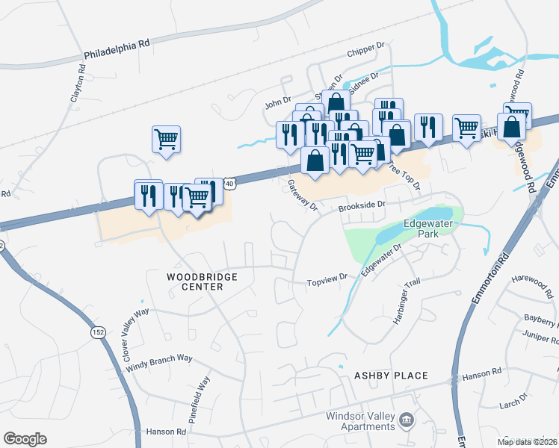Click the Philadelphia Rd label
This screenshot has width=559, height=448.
[117, 50]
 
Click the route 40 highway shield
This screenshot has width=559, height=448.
[229, 183]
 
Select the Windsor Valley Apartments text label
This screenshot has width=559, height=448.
[359, 422]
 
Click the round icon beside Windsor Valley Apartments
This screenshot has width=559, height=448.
[407, 421]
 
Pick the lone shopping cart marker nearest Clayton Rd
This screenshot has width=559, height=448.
[166, 139]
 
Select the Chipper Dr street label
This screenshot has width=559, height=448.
[365, 55]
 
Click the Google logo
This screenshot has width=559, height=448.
[25, 439]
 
